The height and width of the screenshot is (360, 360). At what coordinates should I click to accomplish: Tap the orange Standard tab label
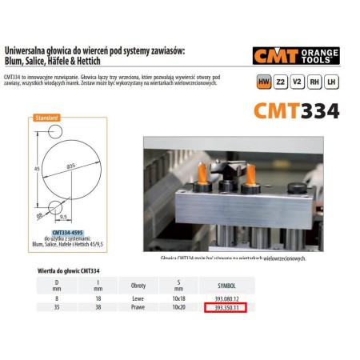[45, 118]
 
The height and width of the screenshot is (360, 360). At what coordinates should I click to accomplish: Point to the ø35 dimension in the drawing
[71, 165]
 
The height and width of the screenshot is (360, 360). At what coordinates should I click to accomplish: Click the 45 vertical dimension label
[38, 170]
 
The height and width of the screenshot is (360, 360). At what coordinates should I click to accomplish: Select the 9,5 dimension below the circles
[64, 217]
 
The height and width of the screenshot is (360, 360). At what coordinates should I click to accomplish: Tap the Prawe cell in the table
[126, 306]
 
